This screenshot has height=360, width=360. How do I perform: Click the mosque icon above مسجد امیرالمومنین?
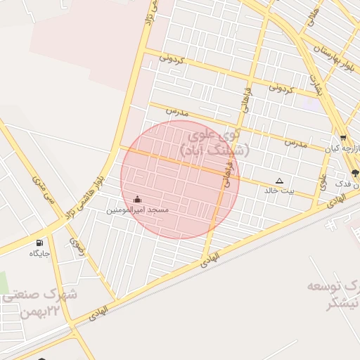(x=136, y=199)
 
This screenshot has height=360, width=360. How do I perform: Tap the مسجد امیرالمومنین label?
(x=138, y=210)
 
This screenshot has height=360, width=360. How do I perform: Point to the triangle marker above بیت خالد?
(x=280, y=180)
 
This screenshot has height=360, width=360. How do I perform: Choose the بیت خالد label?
(x=280, y=190)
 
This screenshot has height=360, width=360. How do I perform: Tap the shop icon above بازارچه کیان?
(x=342, y=138)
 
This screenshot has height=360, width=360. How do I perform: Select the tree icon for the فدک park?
(x=354, y=173)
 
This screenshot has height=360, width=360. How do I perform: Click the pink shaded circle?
(x=179, y=179)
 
